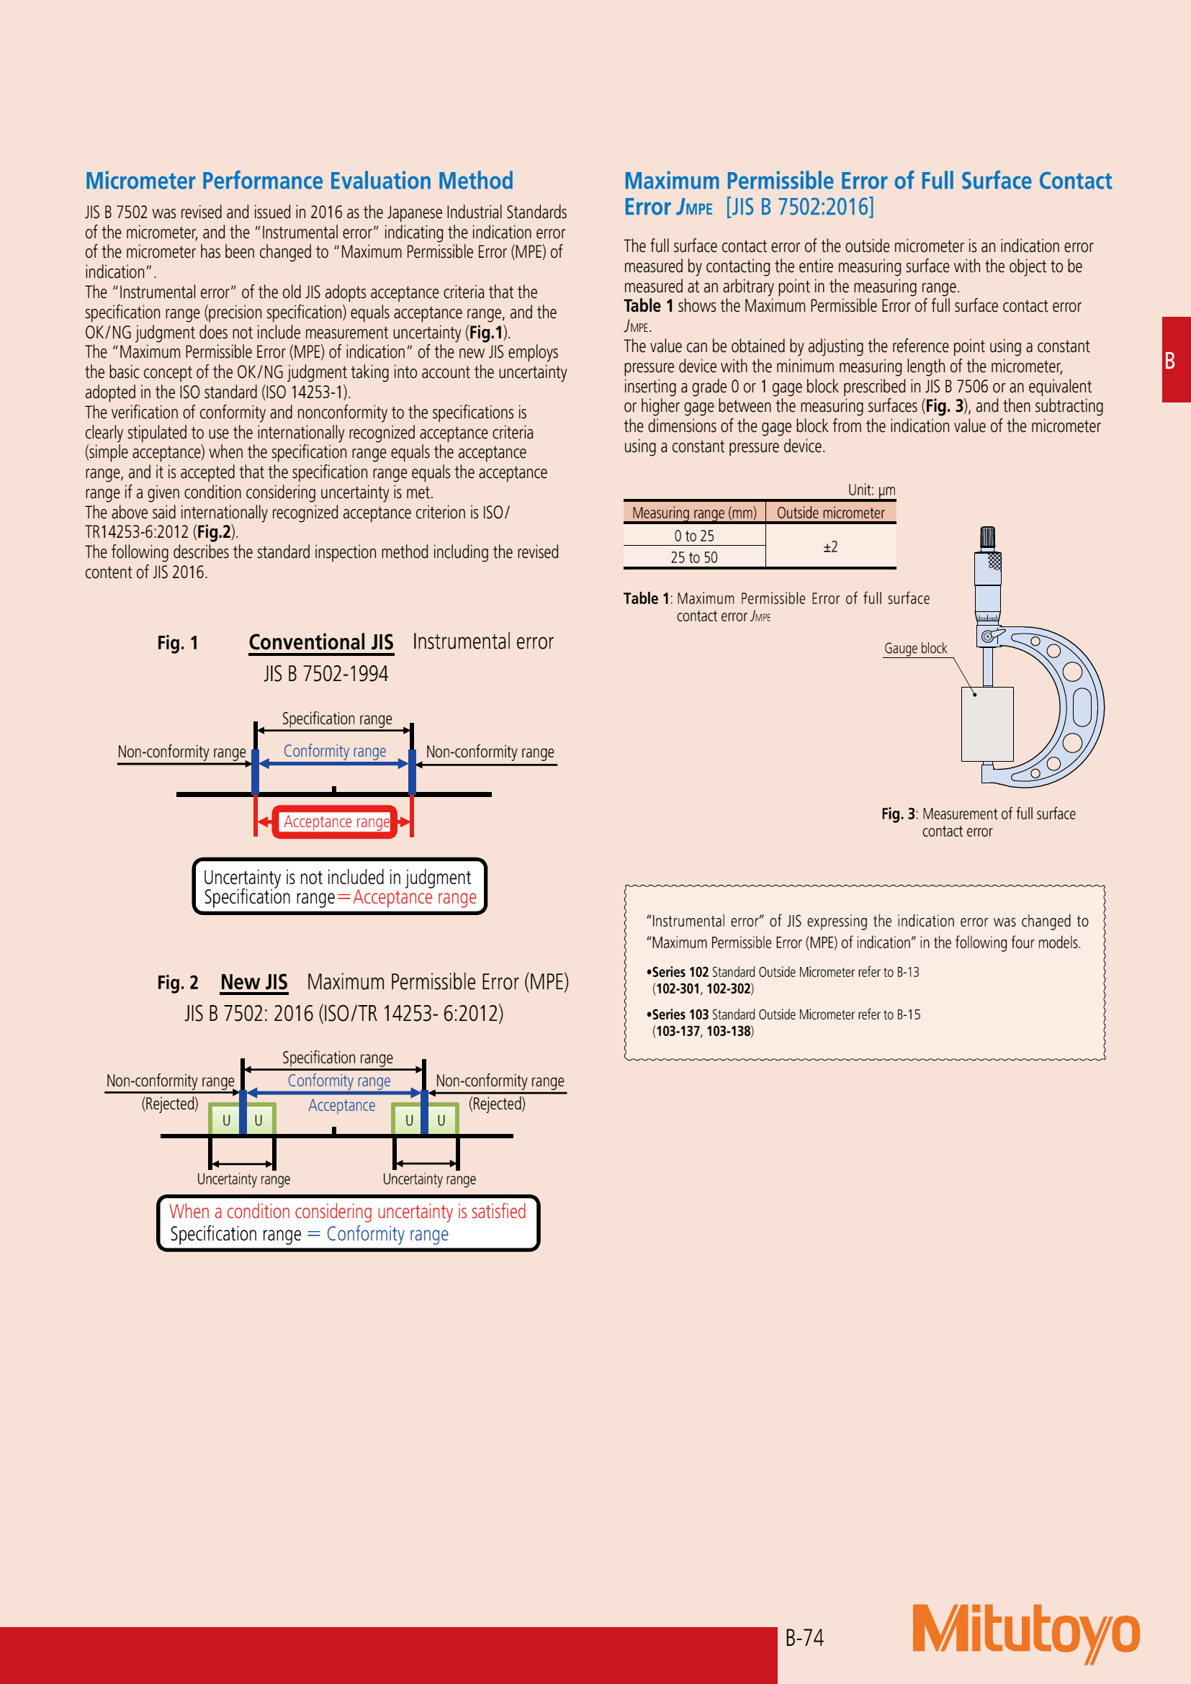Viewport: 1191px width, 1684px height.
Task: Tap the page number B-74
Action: (804, 1638)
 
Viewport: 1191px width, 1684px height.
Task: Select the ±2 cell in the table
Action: (830, 546)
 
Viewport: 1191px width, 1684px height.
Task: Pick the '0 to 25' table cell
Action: (693, 536)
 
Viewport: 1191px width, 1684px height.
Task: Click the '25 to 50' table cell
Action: (693, 557)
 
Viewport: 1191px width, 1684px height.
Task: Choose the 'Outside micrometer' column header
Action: (830, 513)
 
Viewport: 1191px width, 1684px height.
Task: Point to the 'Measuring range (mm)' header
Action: (693, 513)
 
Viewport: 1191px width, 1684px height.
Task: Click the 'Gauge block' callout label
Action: (915, 649)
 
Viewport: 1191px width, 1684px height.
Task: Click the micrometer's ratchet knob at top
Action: (988, 538)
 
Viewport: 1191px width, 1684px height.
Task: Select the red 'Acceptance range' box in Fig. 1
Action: (336, 822)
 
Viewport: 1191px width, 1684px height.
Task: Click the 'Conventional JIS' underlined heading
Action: (320, 642)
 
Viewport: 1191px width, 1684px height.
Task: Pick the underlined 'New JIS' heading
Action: (253, 982)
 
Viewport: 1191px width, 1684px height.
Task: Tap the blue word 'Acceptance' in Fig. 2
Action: (341, 1105)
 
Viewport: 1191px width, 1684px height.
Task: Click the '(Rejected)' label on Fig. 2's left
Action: (169, 1104)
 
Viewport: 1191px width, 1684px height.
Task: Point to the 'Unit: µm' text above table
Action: (871, 490)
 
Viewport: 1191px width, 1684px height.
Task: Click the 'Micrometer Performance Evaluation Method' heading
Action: (299, 181)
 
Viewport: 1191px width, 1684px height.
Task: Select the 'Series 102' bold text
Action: (680, 973)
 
